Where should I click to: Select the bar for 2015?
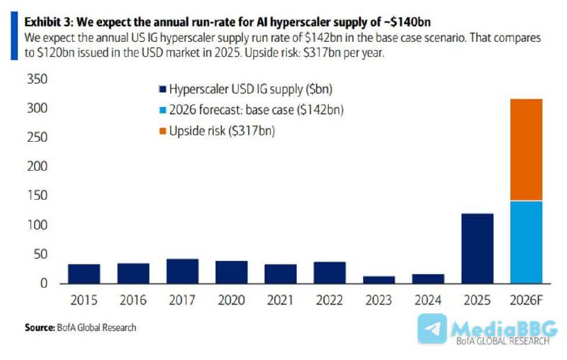[x=84, y=274]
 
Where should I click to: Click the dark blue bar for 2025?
[x=477, y=248]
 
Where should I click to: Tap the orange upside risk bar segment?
[x=526, y=150]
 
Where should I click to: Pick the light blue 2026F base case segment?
[x=526, y=242]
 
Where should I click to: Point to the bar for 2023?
[x=378, y=279]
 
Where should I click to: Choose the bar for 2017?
[x=182, y=271]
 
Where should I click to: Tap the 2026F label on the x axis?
[x=526, y=300]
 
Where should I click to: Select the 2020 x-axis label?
[x=231, y=300]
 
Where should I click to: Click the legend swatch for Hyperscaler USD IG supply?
[x=162, y=89]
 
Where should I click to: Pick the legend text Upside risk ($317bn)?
[x=221, y=130]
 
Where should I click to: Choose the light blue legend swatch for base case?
[x=162, y=110]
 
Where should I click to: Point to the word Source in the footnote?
[x=39, y=327]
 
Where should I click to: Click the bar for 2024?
[x=427, y=279]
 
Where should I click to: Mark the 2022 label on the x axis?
[x=330, y=300]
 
